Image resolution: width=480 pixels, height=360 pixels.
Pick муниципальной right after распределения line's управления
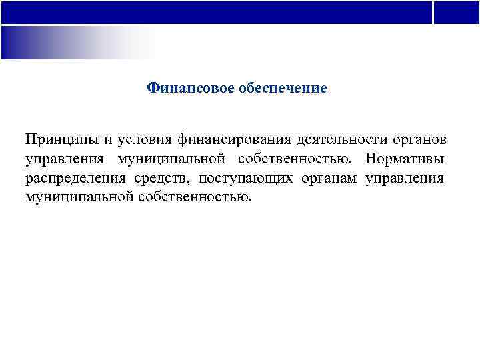[79, 197]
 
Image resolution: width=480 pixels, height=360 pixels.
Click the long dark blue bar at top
[216, 12]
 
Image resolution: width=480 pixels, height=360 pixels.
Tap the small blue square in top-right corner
[457, 12]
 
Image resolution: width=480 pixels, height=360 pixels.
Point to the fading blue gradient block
[73, 42]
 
